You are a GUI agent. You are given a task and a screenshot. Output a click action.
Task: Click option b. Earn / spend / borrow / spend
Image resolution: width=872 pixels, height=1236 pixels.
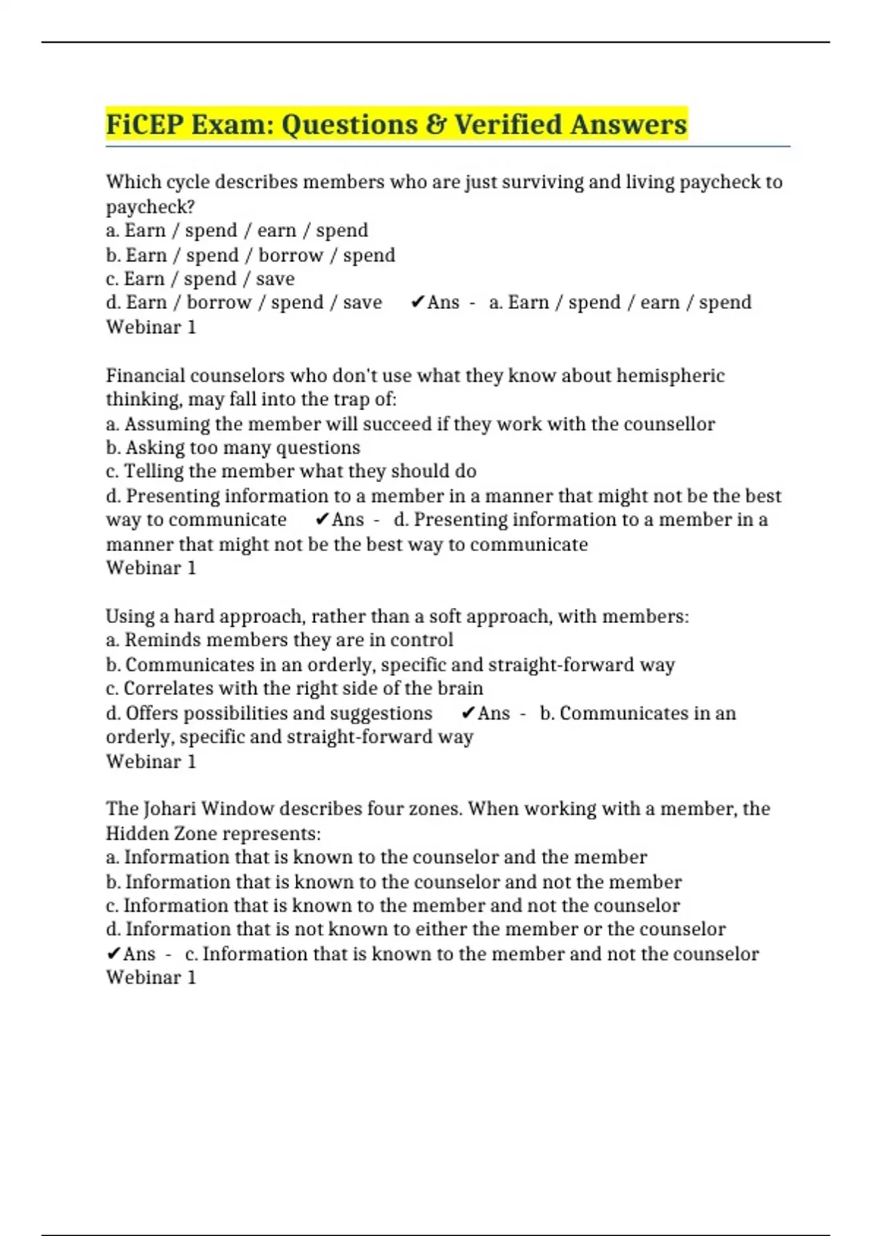click(x=251, y=255)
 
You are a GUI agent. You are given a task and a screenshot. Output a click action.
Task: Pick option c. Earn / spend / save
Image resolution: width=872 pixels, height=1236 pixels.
click(x=200, y=279)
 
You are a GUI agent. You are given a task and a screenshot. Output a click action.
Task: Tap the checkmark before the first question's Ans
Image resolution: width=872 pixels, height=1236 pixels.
click(x=417, y=302)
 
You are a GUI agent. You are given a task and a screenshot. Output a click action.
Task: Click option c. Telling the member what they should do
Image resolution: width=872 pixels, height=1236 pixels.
click(x=291, y=472)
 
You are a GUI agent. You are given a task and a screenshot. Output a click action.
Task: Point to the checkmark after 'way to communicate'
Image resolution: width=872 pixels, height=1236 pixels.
click(x=323, y=520)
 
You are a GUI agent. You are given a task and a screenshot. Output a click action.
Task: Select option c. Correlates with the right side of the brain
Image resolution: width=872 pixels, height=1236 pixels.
click(x=294, y=689)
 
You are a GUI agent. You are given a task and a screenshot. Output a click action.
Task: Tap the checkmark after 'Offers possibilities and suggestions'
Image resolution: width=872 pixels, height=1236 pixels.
click(x=469, y=713)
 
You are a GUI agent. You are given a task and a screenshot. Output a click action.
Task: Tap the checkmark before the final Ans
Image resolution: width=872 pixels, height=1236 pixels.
click(x=113, y=954)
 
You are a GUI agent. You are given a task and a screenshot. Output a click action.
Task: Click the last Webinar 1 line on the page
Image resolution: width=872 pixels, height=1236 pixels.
click(x=151, y=978)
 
